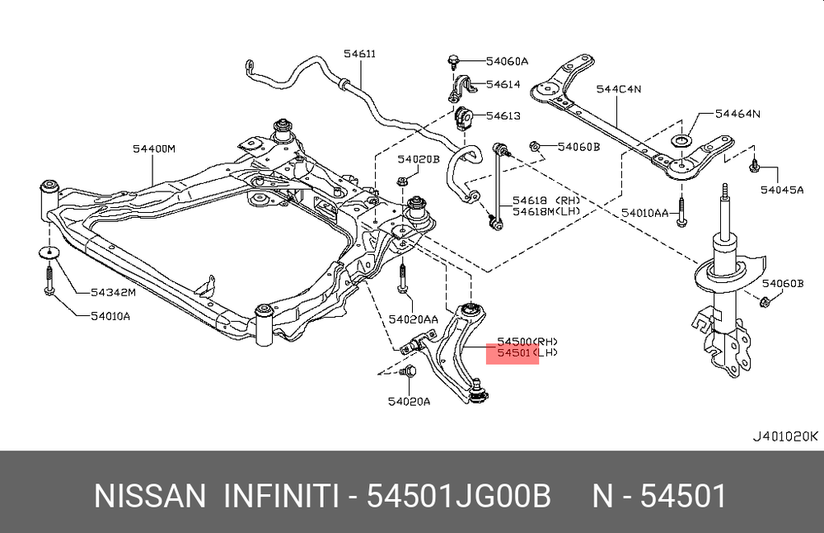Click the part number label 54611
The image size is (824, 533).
(359, 54)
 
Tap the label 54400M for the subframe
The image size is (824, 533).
(154, 149)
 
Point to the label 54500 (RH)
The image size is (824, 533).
(526, 342)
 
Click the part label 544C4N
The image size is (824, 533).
(619, 88)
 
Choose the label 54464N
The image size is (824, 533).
(737, 114)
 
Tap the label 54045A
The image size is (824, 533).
(782, 189)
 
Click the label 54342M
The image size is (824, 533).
(113, 292)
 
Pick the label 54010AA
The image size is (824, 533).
(645, 213)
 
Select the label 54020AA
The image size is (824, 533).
(414, 319)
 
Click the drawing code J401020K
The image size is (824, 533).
(784, 436)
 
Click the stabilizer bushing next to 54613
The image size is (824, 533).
(462, 117)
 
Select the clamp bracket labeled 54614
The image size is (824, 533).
(461, 87)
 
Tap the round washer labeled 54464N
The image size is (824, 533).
(683, 143)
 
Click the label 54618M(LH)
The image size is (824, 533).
(547, 212)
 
